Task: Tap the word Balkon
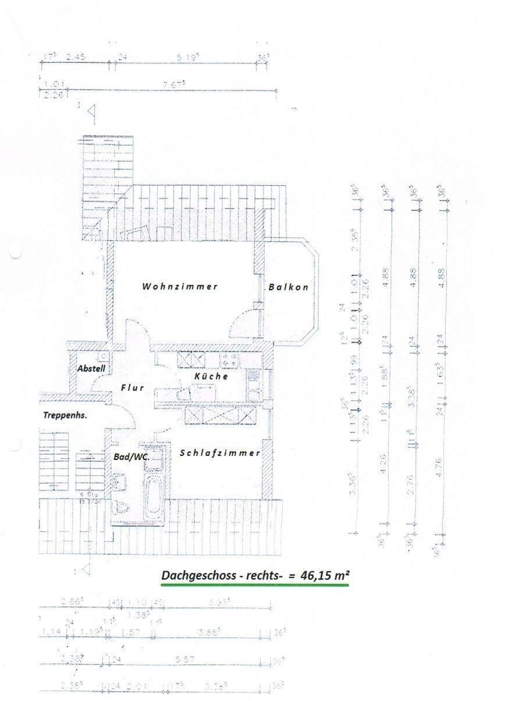tap(288, 287)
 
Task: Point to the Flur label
tap(132, 387)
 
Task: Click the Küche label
tap(211, 376)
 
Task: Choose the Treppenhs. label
tap(65, 416)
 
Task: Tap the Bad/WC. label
tap(131, 457)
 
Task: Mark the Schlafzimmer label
tap(219, 453)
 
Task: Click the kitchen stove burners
tap(228, 363)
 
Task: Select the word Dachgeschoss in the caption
tap(194, 575)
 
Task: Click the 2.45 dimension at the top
tap(76, 57)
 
